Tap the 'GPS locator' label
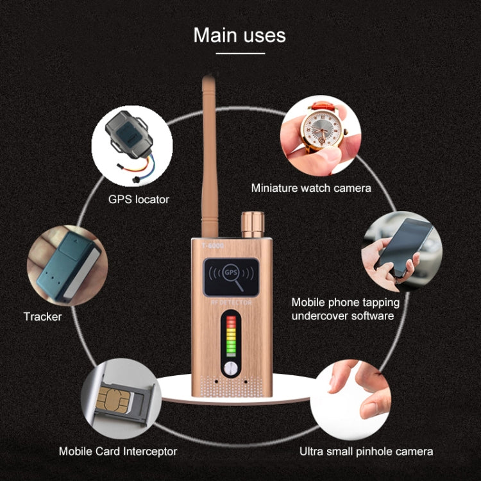[139, 199]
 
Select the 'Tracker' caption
[43, 316]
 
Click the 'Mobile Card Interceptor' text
[118, 451]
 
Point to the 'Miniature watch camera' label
[311, 188]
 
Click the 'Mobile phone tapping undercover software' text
[345, 308]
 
